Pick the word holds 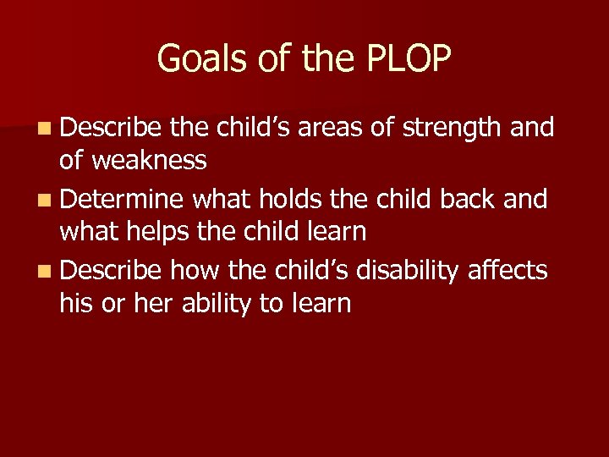point(277,199)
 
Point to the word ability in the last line point(212,302)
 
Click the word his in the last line point(74,302)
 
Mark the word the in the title point(317,58)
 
